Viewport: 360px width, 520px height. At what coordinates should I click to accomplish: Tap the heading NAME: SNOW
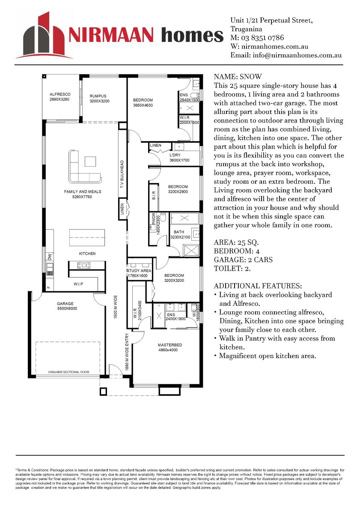coord(238,77)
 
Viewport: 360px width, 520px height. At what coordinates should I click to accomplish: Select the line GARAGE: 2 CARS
coord(243,260)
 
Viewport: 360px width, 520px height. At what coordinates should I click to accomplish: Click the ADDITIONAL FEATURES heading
coord(258,286)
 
